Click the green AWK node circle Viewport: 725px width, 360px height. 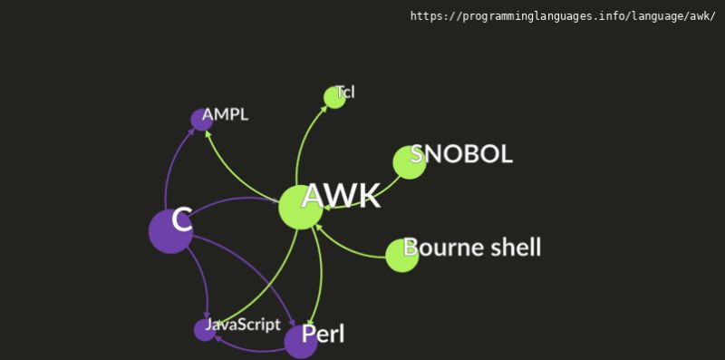point(300,207)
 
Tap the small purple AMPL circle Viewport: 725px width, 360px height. point(200,119)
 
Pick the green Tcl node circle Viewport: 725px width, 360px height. point(334,97)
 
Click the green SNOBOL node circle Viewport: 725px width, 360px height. point(409,162)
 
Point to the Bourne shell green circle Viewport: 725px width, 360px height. point(401,255)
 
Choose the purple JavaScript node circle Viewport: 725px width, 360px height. point(205,330)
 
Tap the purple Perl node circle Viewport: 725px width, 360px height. point(301,341)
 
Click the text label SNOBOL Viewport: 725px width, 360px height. point(462,153)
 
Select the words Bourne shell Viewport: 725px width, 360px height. point(472,247)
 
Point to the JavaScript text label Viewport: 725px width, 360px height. point(243,324)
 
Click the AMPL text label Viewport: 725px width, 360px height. point(225,114)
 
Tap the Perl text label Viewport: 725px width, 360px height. point(324,334)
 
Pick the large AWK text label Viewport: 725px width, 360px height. point(341,196)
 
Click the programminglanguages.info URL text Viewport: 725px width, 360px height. point(562,16)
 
